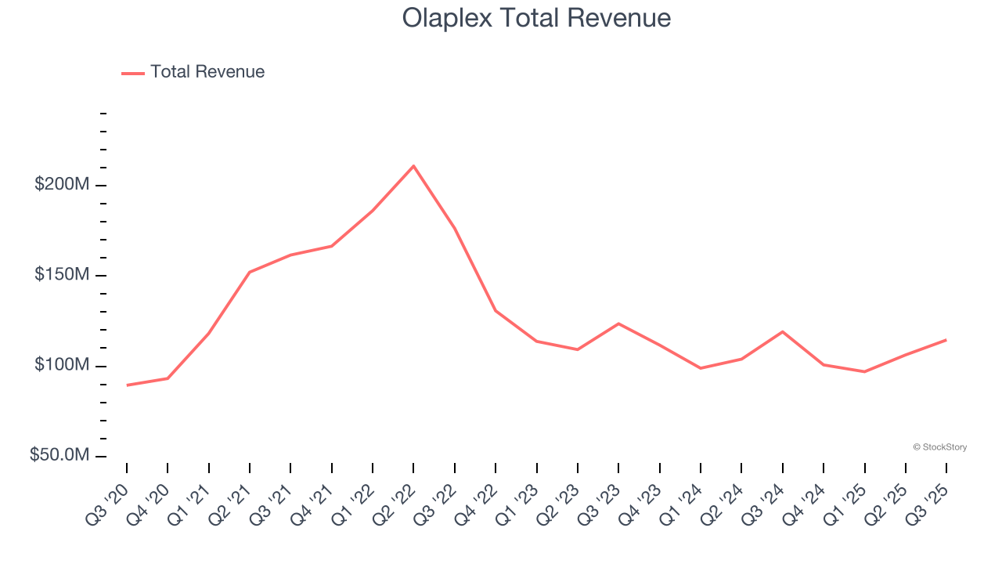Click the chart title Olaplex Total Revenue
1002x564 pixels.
[x=536, y=18]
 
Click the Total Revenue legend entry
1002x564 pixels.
[x=207, y=72]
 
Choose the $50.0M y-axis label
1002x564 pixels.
[x=60, y=456]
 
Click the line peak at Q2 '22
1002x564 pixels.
[x=413, y=166]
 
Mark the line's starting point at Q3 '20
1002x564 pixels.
[x=127, y=385]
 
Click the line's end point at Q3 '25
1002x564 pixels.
[x=946, y=340]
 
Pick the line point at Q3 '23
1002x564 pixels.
[x=618, y=324]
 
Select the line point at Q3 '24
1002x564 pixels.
[x=782, y=331]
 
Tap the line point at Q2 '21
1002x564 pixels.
[x=250, y=272]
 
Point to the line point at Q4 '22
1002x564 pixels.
[x=496, y=311]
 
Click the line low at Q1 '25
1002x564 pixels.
[x=864, y=371]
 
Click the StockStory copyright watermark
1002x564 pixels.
[x=939, y=447]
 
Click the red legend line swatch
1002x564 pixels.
[x=133, y=73]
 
